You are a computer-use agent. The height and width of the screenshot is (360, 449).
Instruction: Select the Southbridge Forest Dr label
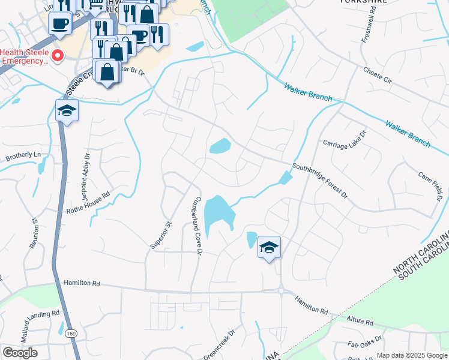320,180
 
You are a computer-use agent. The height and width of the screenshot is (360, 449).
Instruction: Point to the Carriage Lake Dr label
345,144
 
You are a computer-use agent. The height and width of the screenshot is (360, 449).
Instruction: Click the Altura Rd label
360,320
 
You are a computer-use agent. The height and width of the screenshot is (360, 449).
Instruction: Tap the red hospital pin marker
58,56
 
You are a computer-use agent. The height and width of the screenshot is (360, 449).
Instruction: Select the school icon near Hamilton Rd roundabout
269,247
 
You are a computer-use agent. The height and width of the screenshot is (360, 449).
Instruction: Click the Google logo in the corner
20,352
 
